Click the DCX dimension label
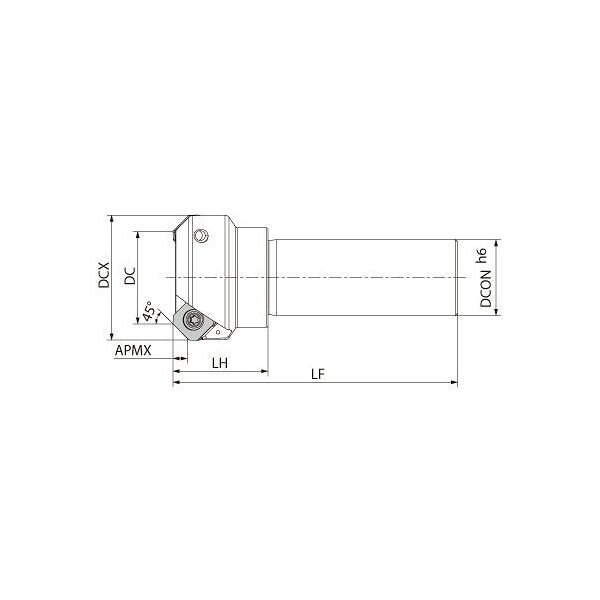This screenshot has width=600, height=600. (104, 277)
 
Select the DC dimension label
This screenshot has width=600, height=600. (129, 277)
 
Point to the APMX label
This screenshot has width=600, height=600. (132, 351)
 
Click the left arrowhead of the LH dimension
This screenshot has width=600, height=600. (176, 371)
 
